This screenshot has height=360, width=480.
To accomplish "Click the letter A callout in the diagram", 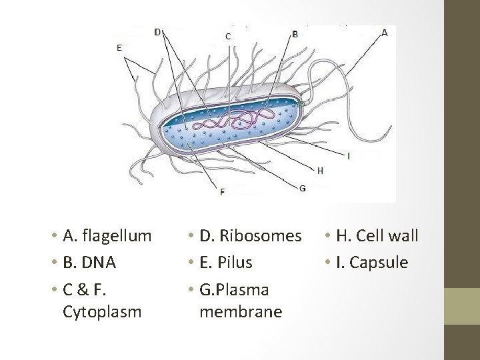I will click(x=385, y=32).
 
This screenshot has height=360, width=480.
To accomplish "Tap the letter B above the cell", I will click(x=295, y=33).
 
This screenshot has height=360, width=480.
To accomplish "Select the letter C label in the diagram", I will click(x=229, y=37).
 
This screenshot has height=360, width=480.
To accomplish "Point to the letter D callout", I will click(x=157, y=31).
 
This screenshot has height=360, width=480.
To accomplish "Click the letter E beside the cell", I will click(x=119, y=47).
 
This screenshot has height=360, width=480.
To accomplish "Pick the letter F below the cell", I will click(x=223, y=192).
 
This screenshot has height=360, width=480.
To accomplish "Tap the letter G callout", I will click(x=303, y=188).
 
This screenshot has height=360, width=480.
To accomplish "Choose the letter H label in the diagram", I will click(x=321, y=171).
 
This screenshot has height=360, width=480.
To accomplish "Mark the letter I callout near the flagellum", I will click(x=348, y=155).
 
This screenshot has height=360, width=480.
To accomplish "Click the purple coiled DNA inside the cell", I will click(x=233, y=120).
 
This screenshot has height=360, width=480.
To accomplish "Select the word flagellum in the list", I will click(x=115, y=236).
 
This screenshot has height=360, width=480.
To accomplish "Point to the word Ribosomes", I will click(x=260, y=236).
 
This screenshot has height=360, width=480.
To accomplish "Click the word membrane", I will click(x=241, y=311).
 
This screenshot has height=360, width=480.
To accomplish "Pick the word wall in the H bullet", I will click(x=404, y=236).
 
